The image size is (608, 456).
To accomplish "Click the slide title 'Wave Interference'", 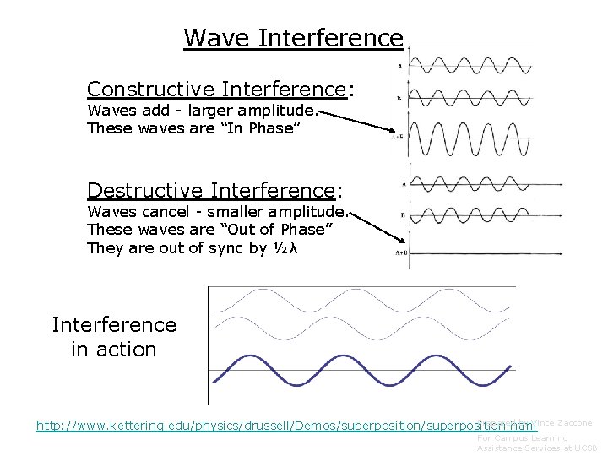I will click(293, 38).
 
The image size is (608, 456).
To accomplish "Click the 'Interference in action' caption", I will click(114, 337).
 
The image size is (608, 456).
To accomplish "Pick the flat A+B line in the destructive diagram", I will click(469, 252).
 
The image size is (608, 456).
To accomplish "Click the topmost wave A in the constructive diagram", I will click(469, 65).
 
